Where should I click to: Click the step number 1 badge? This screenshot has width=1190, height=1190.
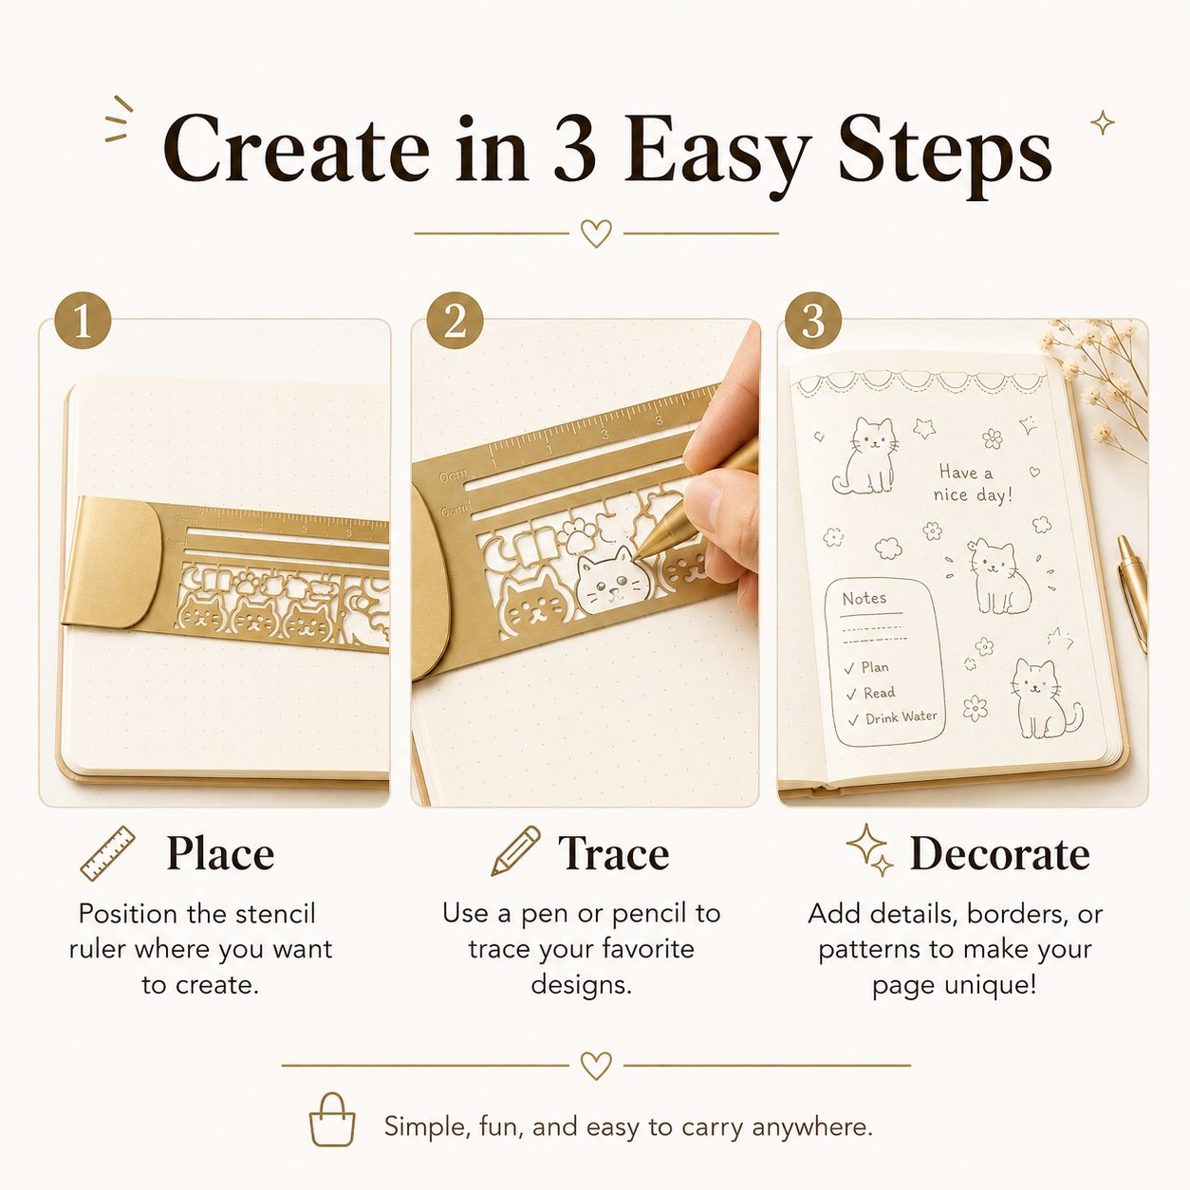83,321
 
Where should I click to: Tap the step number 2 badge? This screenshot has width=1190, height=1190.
456,321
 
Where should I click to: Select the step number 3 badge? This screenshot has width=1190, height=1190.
813,321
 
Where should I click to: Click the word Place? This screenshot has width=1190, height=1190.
220,853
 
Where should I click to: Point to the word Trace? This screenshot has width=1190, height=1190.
613,853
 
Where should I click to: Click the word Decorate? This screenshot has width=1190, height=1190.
1000,854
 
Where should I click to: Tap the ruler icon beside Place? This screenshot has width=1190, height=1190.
108,853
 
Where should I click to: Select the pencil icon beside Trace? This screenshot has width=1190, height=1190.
515,851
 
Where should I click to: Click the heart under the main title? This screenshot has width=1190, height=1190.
596,233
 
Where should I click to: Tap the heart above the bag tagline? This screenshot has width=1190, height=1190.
596,1066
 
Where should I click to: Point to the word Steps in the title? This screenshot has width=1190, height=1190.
944,155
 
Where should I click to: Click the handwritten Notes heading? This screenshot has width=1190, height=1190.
864,599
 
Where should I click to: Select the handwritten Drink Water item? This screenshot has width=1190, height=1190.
901,717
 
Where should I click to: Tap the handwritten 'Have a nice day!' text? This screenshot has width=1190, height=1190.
974,484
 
